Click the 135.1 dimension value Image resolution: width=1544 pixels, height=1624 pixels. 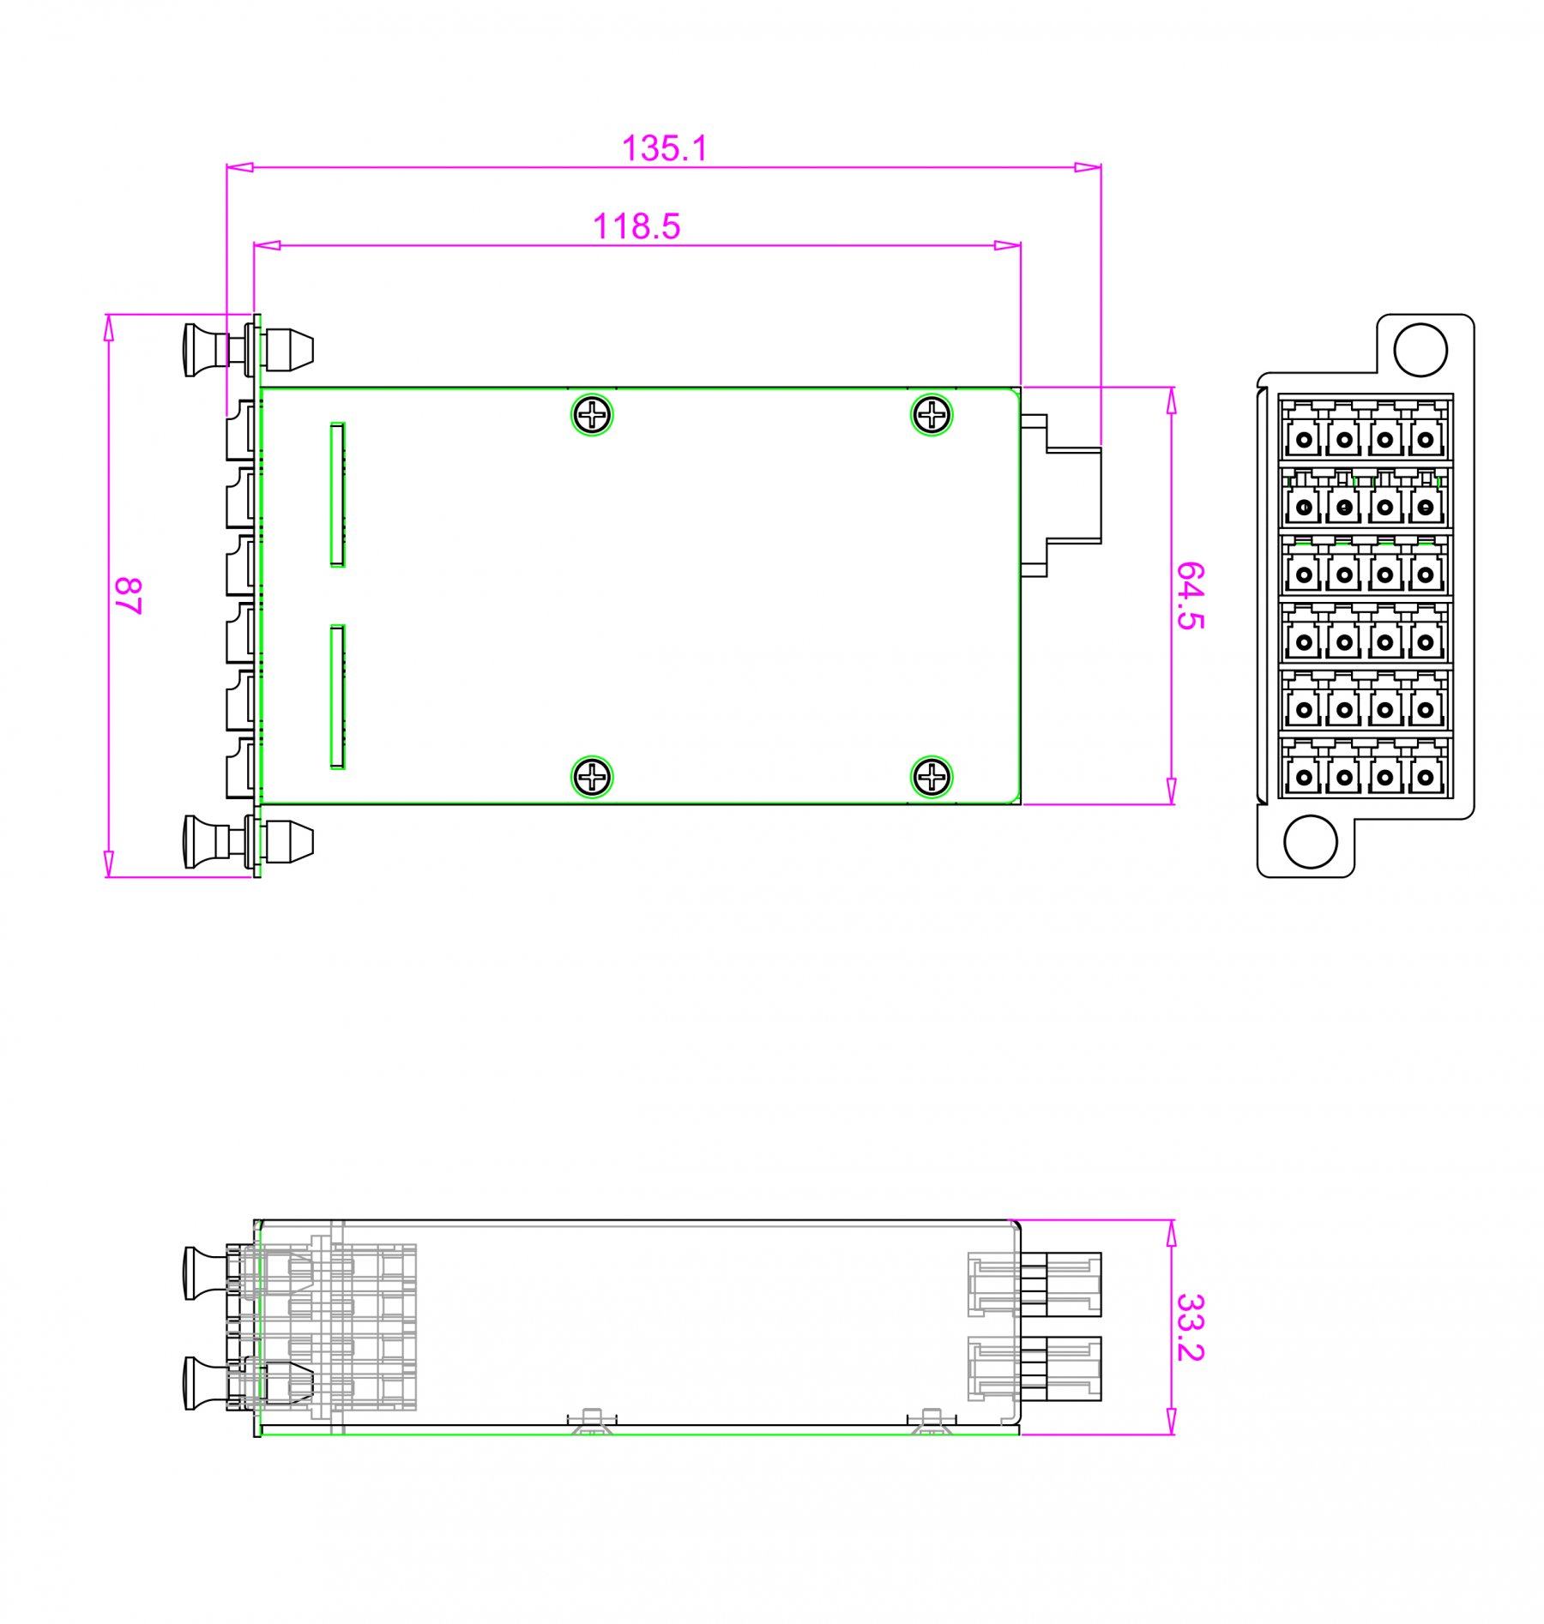tap(665, 148)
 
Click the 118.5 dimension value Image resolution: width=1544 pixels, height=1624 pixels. tap(636, 226)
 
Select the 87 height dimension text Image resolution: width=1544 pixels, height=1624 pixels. tap(128, 595)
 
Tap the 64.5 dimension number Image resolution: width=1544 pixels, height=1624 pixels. tap(1191, 596)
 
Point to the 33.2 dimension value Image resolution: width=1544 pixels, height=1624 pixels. tap(1191, 1327)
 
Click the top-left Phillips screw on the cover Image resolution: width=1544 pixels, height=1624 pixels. tap(592, 416)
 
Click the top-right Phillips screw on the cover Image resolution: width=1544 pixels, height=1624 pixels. tap(931, 416)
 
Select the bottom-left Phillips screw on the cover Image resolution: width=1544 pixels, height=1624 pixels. tap(592, 778)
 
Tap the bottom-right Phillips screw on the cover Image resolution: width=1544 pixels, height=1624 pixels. tap(931, 778)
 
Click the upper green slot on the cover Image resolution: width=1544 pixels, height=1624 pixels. tap(338, 495)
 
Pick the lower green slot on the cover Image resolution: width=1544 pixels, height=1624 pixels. tap(338, 697)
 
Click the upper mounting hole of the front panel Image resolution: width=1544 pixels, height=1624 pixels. tap(1420, 350)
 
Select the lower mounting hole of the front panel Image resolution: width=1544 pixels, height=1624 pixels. tap(1310, 841)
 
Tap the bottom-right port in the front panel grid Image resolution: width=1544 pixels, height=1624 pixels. tap(1426, 777)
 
